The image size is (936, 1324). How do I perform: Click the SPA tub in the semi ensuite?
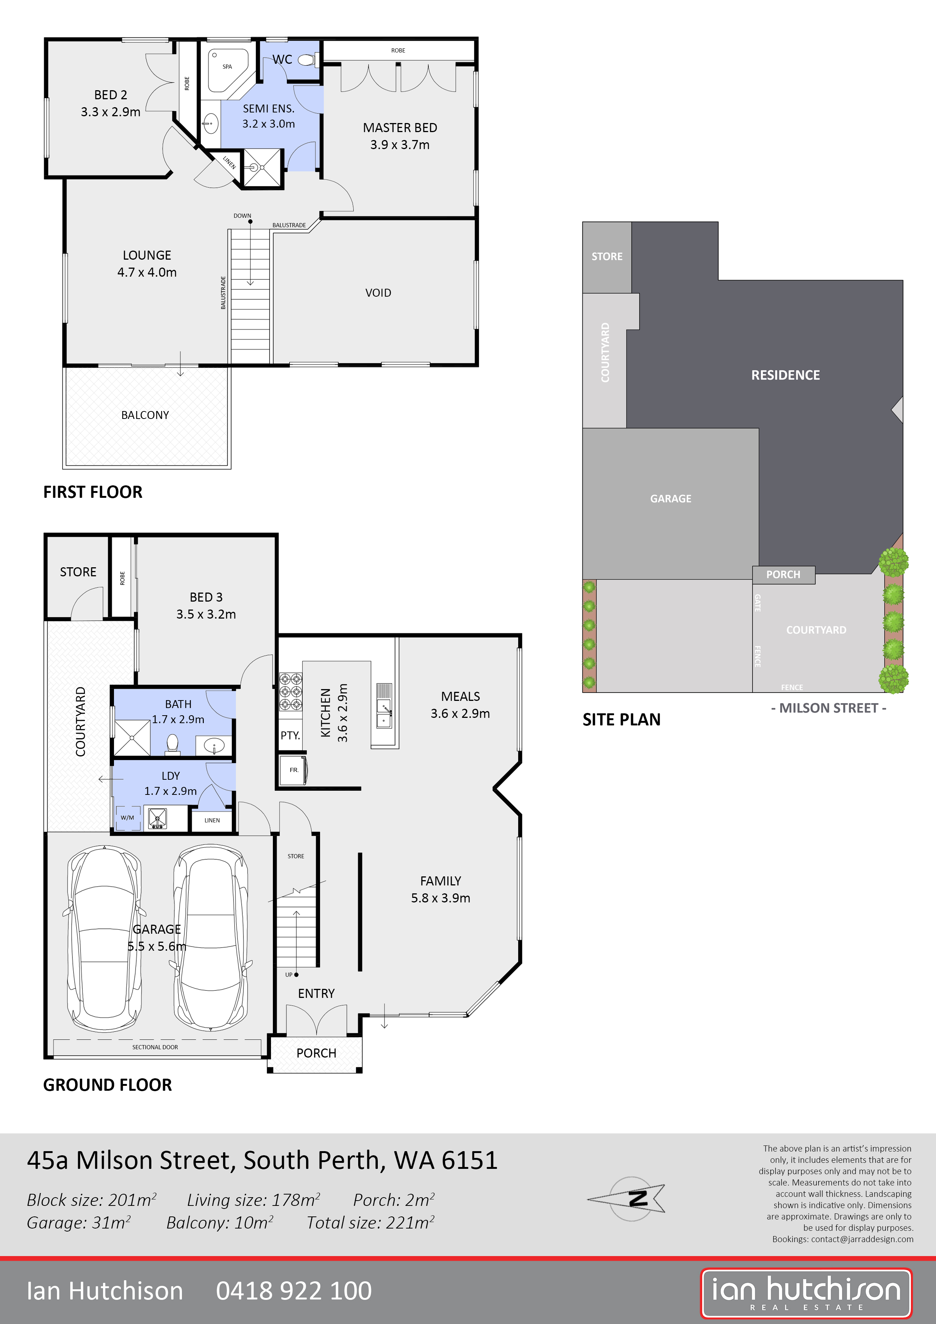coord(227,69)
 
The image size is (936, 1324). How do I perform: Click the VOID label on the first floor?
coord(378,293)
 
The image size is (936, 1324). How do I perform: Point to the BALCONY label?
coord(145,415)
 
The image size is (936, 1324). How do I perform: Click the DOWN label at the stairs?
coord(242,216)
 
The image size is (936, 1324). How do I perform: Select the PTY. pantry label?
coord(290,735)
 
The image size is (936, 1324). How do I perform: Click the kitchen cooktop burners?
coord(291,692)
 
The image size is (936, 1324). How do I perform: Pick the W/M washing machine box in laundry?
coord(128,818)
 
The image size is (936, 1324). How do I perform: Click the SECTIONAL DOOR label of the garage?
coord(155,1047)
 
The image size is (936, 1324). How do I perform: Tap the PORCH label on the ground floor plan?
coord(316,1053)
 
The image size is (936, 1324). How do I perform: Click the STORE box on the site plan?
coord(607,257)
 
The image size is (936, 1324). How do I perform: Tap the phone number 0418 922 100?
coord(294,1290)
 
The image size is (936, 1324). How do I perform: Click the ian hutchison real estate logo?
coord(806,1293)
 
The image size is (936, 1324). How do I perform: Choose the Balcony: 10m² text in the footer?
coord(220,1222)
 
